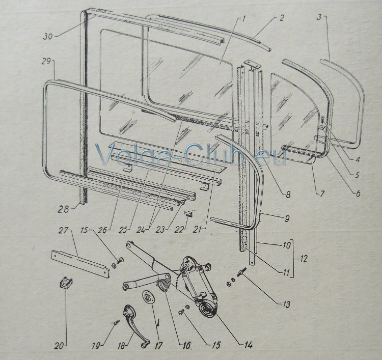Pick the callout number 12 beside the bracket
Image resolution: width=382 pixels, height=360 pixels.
tap(304, 258)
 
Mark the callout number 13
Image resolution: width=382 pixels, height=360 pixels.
tap(286, 304)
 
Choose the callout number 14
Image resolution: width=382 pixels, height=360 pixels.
tap(248, 344)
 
